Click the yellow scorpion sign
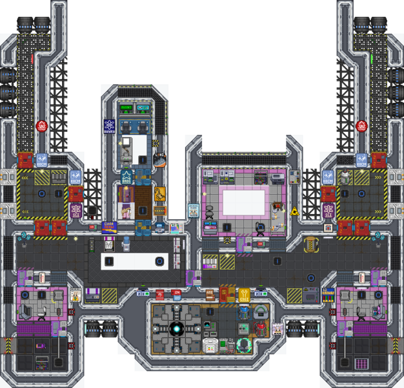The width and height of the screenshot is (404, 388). [x=159, y=193]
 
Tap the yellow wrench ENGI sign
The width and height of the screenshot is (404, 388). [x=244, y=295]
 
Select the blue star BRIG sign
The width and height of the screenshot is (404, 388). [x=126, y=176]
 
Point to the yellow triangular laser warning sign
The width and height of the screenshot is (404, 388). [x=295, y=211]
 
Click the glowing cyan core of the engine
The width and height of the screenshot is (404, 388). [x=177, y=329]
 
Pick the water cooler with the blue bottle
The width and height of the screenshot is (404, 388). [x=126, y=244]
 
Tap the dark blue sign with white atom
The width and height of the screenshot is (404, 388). [x=109, y=125]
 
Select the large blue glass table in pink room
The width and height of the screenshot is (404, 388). [x=243, y=201]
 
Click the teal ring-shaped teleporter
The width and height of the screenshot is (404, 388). [x=243, y=345]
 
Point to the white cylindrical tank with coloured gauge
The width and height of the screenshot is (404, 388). [x=210, y=345]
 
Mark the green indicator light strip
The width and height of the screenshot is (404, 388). [x=372, y=58]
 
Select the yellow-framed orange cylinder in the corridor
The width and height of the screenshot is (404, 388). [x=311, y=244]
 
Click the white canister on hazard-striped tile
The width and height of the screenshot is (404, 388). [x=347, y=175]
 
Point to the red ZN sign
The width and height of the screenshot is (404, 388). [x=176, y=294]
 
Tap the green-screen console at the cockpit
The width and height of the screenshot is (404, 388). [x=126, y=108]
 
